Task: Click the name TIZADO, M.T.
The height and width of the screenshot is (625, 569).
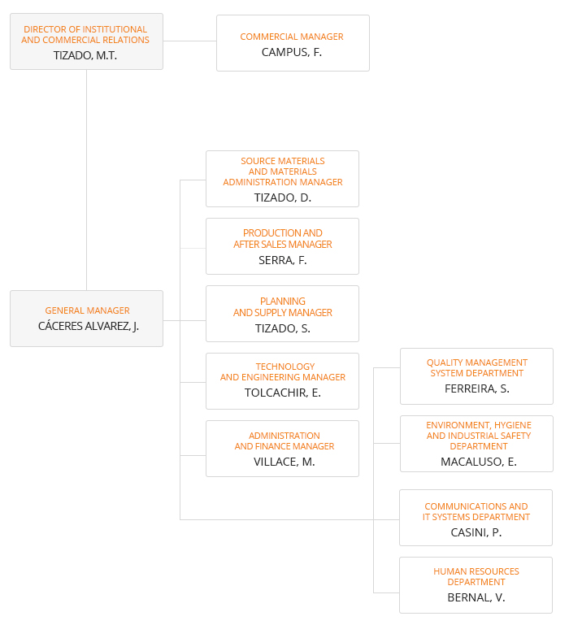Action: click(85, 55)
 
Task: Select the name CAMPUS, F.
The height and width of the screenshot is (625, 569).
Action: click(292, 52)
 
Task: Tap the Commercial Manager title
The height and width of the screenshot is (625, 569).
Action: click(292, 37)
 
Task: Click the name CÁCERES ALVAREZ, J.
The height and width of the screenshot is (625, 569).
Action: click(88, 326)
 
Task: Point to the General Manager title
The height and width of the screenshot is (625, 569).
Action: click(87, 310)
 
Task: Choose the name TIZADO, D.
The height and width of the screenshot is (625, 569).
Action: click(283, 197)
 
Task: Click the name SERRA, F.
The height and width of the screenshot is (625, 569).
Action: click(283, 260)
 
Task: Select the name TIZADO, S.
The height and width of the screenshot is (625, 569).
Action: click(283, 328)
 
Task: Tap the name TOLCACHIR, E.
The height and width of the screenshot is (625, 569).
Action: click(283, 393)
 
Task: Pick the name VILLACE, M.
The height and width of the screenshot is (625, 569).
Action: click(284, 462)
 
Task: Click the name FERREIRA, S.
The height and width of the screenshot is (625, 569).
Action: click(477, 388)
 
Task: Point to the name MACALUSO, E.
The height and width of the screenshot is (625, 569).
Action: click(479, 462)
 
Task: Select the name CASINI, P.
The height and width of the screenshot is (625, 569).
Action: click(476, 532)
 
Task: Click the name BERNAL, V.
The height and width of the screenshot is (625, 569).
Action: click(476, 597)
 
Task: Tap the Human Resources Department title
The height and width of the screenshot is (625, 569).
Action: click(476, 577)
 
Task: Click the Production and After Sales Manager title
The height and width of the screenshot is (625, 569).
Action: click(283, 238)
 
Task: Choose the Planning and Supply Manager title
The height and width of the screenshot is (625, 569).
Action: click(283, 307)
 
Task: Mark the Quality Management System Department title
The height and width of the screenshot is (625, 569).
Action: click(477, 368)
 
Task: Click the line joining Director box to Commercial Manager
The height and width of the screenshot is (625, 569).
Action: click(189, 41)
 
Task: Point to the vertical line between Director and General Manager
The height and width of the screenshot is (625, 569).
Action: click(86, 180)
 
